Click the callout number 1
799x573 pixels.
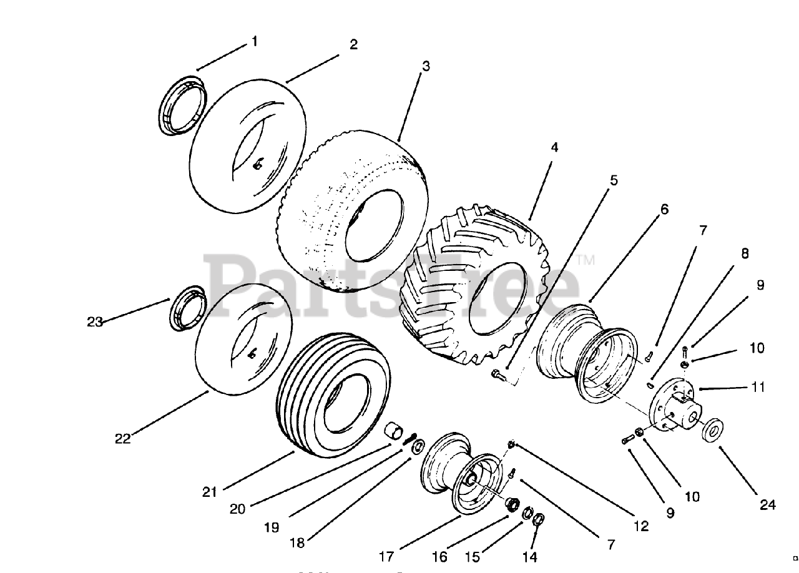tap(254, 42)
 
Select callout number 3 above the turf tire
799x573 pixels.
tap(426, 66)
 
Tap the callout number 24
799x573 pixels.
tap(768, 504)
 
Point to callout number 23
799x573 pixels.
tap(95, 322)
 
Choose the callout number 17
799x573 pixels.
tap(386, 555)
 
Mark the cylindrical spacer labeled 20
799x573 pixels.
tap(393, 432)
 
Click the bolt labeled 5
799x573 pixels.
tap(498, 375)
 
